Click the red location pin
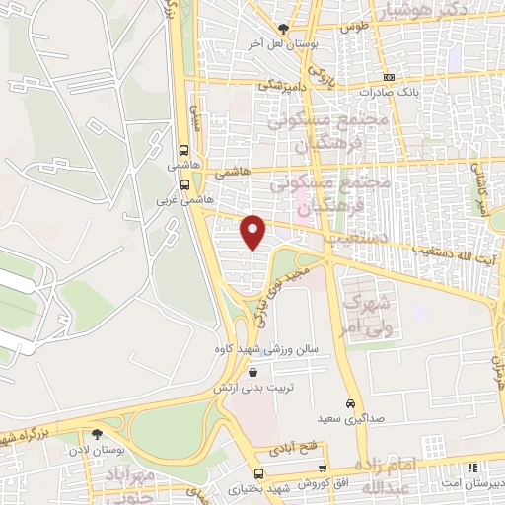click(253, 232)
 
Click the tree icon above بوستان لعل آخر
click(284, 29)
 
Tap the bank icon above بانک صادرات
click(389, 77)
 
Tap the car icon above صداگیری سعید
click(350, 404)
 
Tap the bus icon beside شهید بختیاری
click(258, 473)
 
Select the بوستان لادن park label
click(96, 450)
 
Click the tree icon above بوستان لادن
click(96, 434)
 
